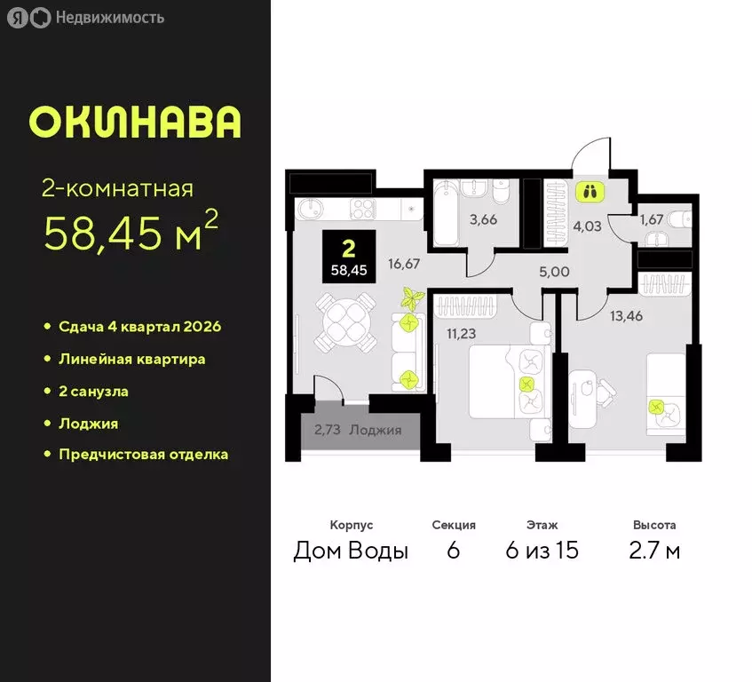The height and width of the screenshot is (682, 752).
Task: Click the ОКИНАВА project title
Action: (x=135, y=122)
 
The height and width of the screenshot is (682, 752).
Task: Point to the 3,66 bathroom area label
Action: (x=482, y=220)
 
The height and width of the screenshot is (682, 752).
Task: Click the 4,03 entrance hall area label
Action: (x=588, y=226)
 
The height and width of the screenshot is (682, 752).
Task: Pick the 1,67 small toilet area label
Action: (x=652, y=218)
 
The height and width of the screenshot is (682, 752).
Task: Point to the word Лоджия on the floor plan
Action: (x=376, y=430)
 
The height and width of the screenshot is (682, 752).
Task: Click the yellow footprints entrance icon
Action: (x=590, y=190)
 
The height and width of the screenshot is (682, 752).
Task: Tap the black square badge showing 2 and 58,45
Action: (x=349, y=257)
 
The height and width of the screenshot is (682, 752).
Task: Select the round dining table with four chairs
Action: (x=344, y=323)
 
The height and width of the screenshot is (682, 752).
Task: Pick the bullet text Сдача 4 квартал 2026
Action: (x=139, y=326)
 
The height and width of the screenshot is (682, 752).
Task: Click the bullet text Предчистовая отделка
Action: (x=143, y=454)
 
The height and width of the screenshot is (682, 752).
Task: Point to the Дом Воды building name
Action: (x=351, y=551)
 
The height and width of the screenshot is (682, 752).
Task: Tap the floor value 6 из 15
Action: (x=542, y=551)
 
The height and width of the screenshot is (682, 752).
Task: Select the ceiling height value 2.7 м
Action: (x=654, y=551)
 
